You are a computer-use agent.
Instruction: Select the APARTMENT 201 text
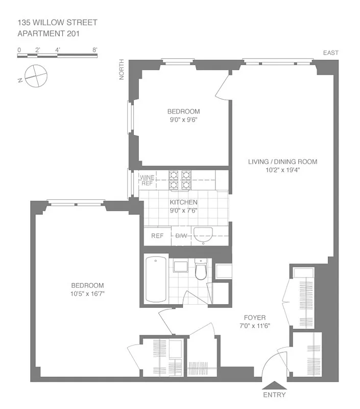(49, 34)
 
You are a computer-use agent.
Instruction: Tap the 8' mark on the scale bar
(95, 50)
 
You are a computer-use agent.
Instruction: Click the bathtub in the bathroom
(156, 279)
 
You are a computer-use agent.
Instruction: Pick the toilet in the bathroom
(200, 270)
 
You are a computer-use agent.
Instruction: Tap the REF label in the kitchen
(157, 236)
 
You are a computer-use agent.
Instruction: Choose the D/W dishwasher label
(182, 236)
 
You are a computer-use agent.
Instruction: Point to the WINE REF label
(147, 180)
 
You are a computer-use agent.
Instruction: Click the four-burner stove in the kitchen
(180, 180)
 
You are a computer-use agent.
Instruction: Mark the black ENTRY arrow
(274, 385)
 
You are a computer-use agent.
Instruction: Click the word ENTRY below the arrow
(274, 395)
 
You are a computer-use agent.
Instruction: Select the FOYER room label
(254, 317)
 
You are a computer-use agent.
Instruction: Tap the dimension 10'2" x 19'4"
(282, 170)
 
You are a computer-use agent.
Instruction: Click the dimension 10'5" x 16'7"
(87, 293)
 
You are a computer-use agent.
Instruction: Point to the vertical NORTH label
(122, 71)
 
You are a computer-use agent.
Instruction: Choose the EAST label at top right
(330, 53)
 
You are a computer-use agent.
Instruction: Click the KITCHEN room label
(183, 202)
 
